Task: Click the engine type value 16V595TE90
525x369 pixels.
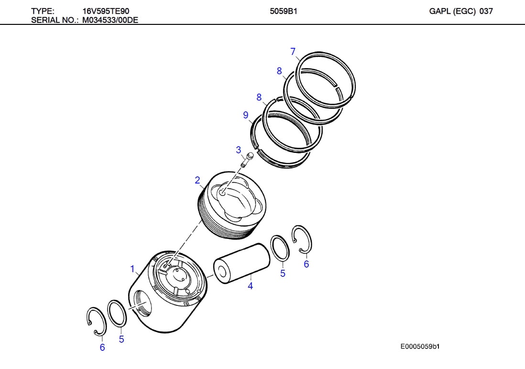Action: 106,11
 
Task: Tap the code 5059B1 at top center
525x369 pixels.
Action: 284,11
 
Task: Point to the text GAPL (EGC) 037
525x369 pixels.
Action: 460,11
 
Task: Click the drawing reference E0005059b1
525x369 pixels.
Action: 420,346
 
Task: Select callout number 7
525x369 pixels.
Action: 293,52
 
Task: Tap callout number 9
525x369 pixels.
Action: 246,115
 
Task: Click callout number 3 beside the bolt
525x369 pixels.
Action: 239,150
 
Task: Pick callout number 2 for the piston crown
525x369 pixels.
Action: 197,180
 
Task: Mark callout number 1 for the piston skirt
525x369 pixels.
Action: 132,269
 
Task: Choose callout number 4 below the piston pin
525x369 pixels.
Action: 250,286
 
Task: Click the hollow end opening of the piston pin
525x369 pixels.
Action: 222,272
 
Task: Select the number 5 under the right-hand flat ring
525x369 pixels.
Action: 283,273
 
